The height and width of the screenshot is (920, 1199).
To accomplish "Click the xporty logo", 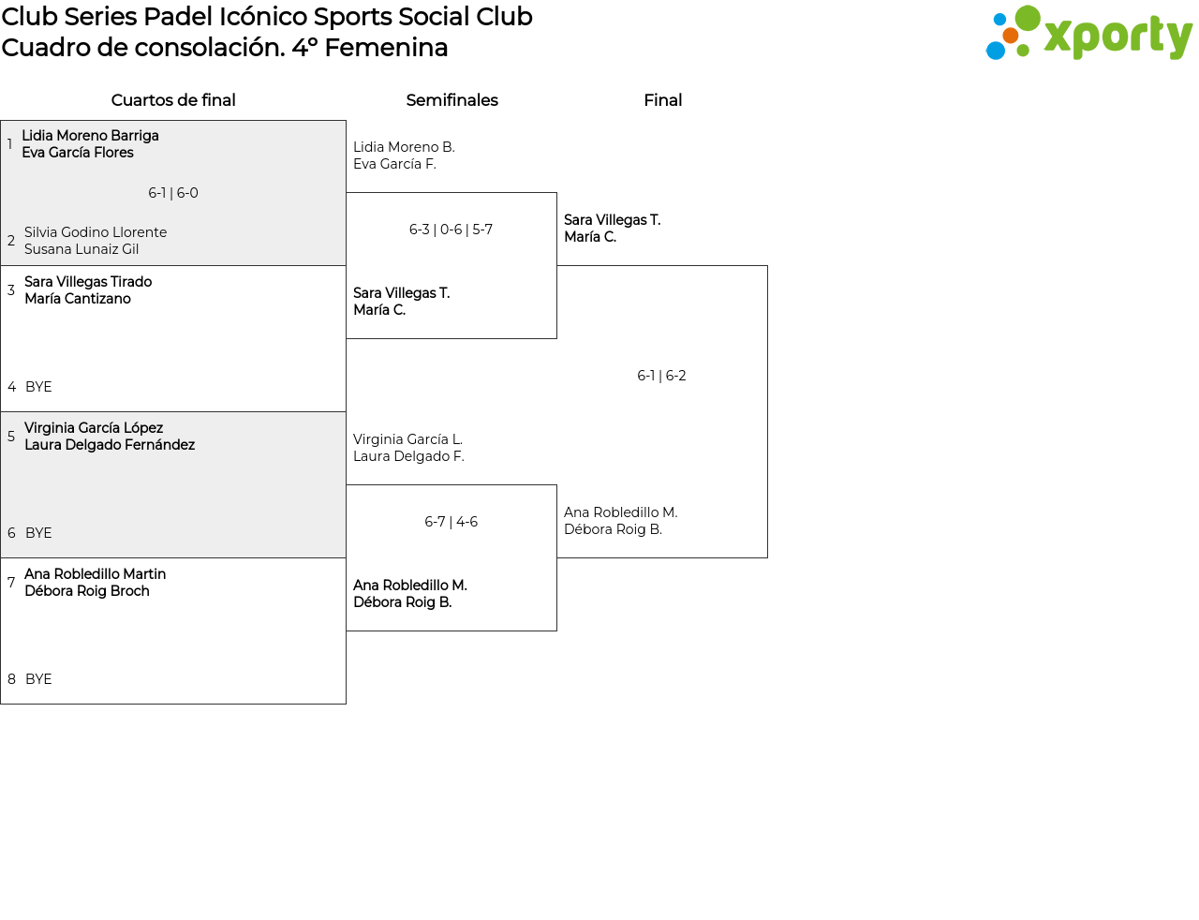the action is pyautogui.click(x=1088, y=33).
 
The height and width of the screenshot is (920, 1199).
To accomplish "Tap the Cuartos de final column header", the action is pyautogui.click(x=173, y=100).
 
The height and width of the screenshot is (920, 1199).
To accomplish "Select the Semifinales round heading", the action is pyautogui.click(x=451, y=100).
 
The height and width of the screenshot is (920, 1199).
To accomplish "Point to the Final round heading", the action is pyautogui.click(x=662, y=100).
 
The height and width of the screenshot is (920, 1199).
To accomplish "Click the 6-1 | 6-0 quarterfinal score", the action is pyautogui.click(x=173, y=193).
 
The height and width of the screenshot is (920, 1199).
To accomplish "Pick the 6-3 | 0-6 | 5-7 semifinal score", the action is pyautogui.click(x=451, y=229).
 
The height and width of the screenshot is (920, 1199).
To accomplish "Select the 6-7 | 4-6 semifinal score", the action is pyautogui.click(x=451, y=522).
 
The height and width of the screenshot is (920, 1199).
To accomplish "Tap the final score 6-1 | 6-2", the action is pyautogui.click(x=661, y=376).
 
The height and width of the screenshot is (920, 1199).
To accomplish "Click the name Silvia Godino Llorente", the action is pyautogui.click(x=96, y=231).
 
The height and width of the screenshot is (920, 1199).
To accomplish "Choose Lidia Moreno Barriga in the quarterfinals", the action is pyautogui.click(x=91, y=135).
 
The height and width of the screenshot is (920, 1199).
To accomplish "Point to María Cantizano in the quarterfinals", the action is pyautogui.click(x=78, y=299).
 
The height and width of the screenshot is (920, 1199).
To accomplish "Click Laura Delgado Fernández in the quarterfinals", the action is pyautogui.click(x=110, y=445).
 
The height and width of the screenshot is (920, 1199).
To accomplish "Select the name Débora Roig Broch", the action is pyautogui.click(x=87, y=590).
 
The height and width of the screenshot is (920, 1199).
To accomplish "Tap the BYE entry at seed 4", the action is pyautogui.click(x=38, y=386).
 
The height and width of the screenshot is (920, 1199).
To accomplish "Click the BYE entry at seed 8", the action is pyautogui.click(x=38, y=679).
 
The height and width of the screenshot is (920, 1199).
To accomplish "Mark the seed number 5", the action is pyautogui.click(x=11, y=436).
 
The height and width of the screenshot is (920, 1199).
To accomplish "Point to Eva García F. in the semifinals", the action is pyautogui.click(x=394, y=164).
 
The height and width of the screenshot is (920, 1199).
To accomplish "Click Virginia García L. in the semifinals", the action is pyautogui.click(x=407, y=439).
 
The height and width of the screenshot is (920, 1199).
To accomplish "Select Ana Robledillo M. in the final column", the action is pyautogui.click(x=621, y=512).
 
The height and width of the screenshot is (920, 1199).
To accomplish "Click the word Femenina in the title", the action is pyautogui.click(x=386, y=48).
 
